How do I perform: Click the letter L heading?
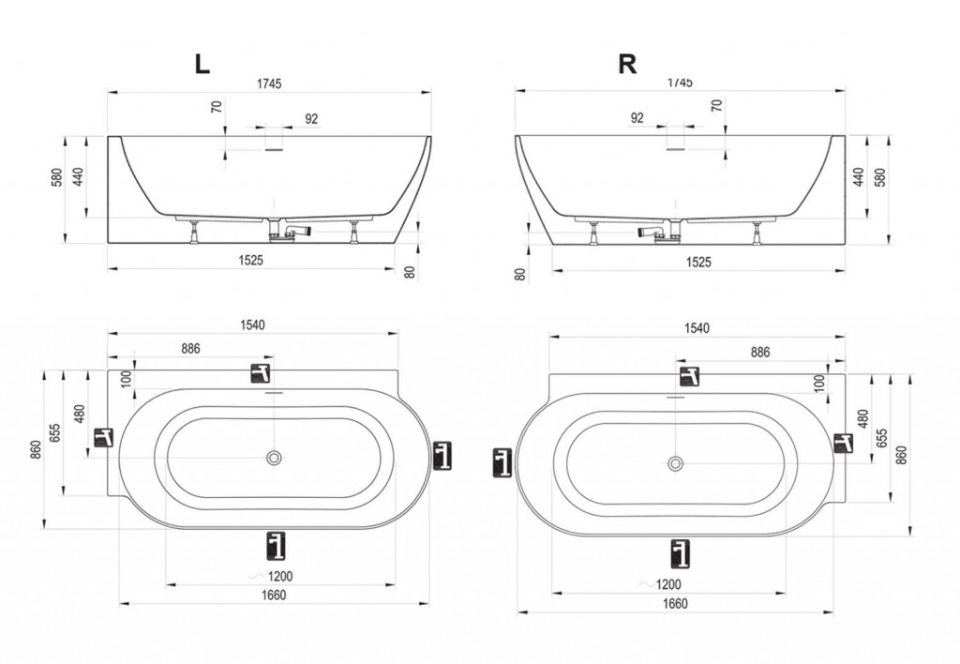coord(202,64)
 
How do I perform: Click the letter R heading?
coord(627,64)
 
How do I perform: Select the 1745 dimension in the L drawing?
coord(269,83)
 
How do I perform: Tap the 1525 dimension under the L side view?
coord(250,261)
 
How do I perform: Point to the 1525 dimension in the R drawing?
coord(698,263)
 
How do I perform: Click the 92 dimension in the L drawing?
coord(311,119)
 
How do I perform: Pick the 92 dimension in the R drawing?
coord(637,117)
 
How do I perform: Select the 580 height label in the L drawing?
coord(57,177)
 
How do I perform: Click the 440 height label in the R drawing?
coord(859,177)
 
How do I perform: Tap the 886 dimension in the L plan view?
coord(190,349)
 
